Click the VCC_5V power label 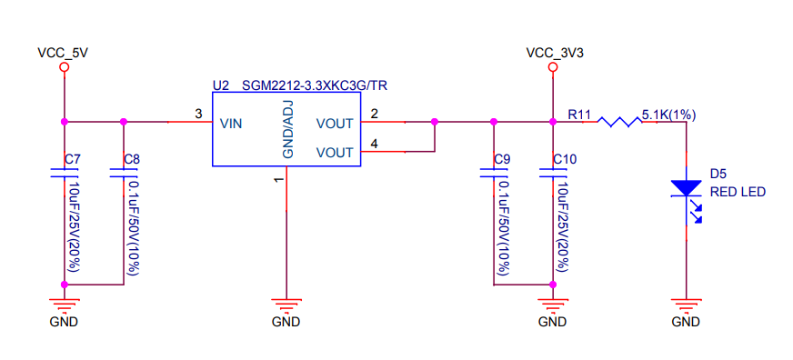coord(63,53)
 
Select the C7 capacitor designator coord(73,160)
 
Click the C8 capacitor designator coord(132,160)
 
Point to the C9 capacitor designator coord(501,160)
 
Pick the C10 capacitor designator coord(564,160)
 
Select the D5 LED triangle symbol coord(686,188)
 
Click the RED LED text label coord(738,192)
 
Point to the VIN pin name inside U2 coord(231,124)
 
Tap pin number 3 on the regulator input coord(198,114)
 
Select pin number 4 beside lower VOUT coord(374,143)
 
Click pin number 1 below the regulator coord(278,181)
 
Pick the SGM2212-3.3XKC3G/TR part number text coord(315,85)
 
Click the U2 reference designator coord(221,85)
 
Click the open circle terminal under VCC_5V coord(64,68)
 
